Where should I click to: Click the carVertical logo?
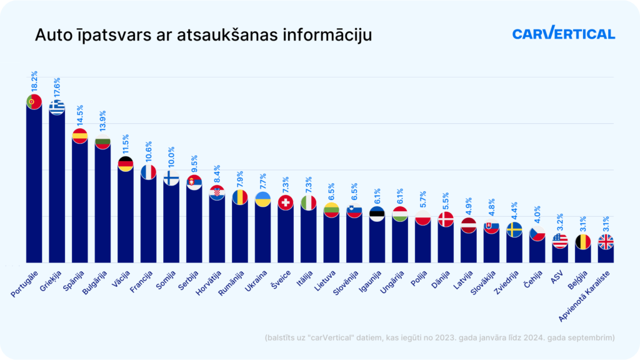click(563, 34)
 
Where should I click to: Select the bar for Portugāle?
click(34, 187)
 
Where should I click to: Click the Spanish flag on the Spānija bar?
click(79, 136)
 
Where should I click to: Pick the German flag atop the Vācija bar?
click(126, 164)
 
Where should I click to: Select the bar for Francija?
click(148, 219)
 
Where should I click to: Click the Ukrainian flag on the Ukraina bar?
click(262, 200)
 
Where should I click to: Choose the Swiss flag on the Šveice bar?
click(286, 202)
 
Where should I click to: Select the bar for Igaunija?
click(377, 241)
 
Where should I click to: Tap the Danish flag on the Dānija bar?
click(446, 219)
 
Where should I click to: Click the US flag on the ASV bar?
click(560, 241)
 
